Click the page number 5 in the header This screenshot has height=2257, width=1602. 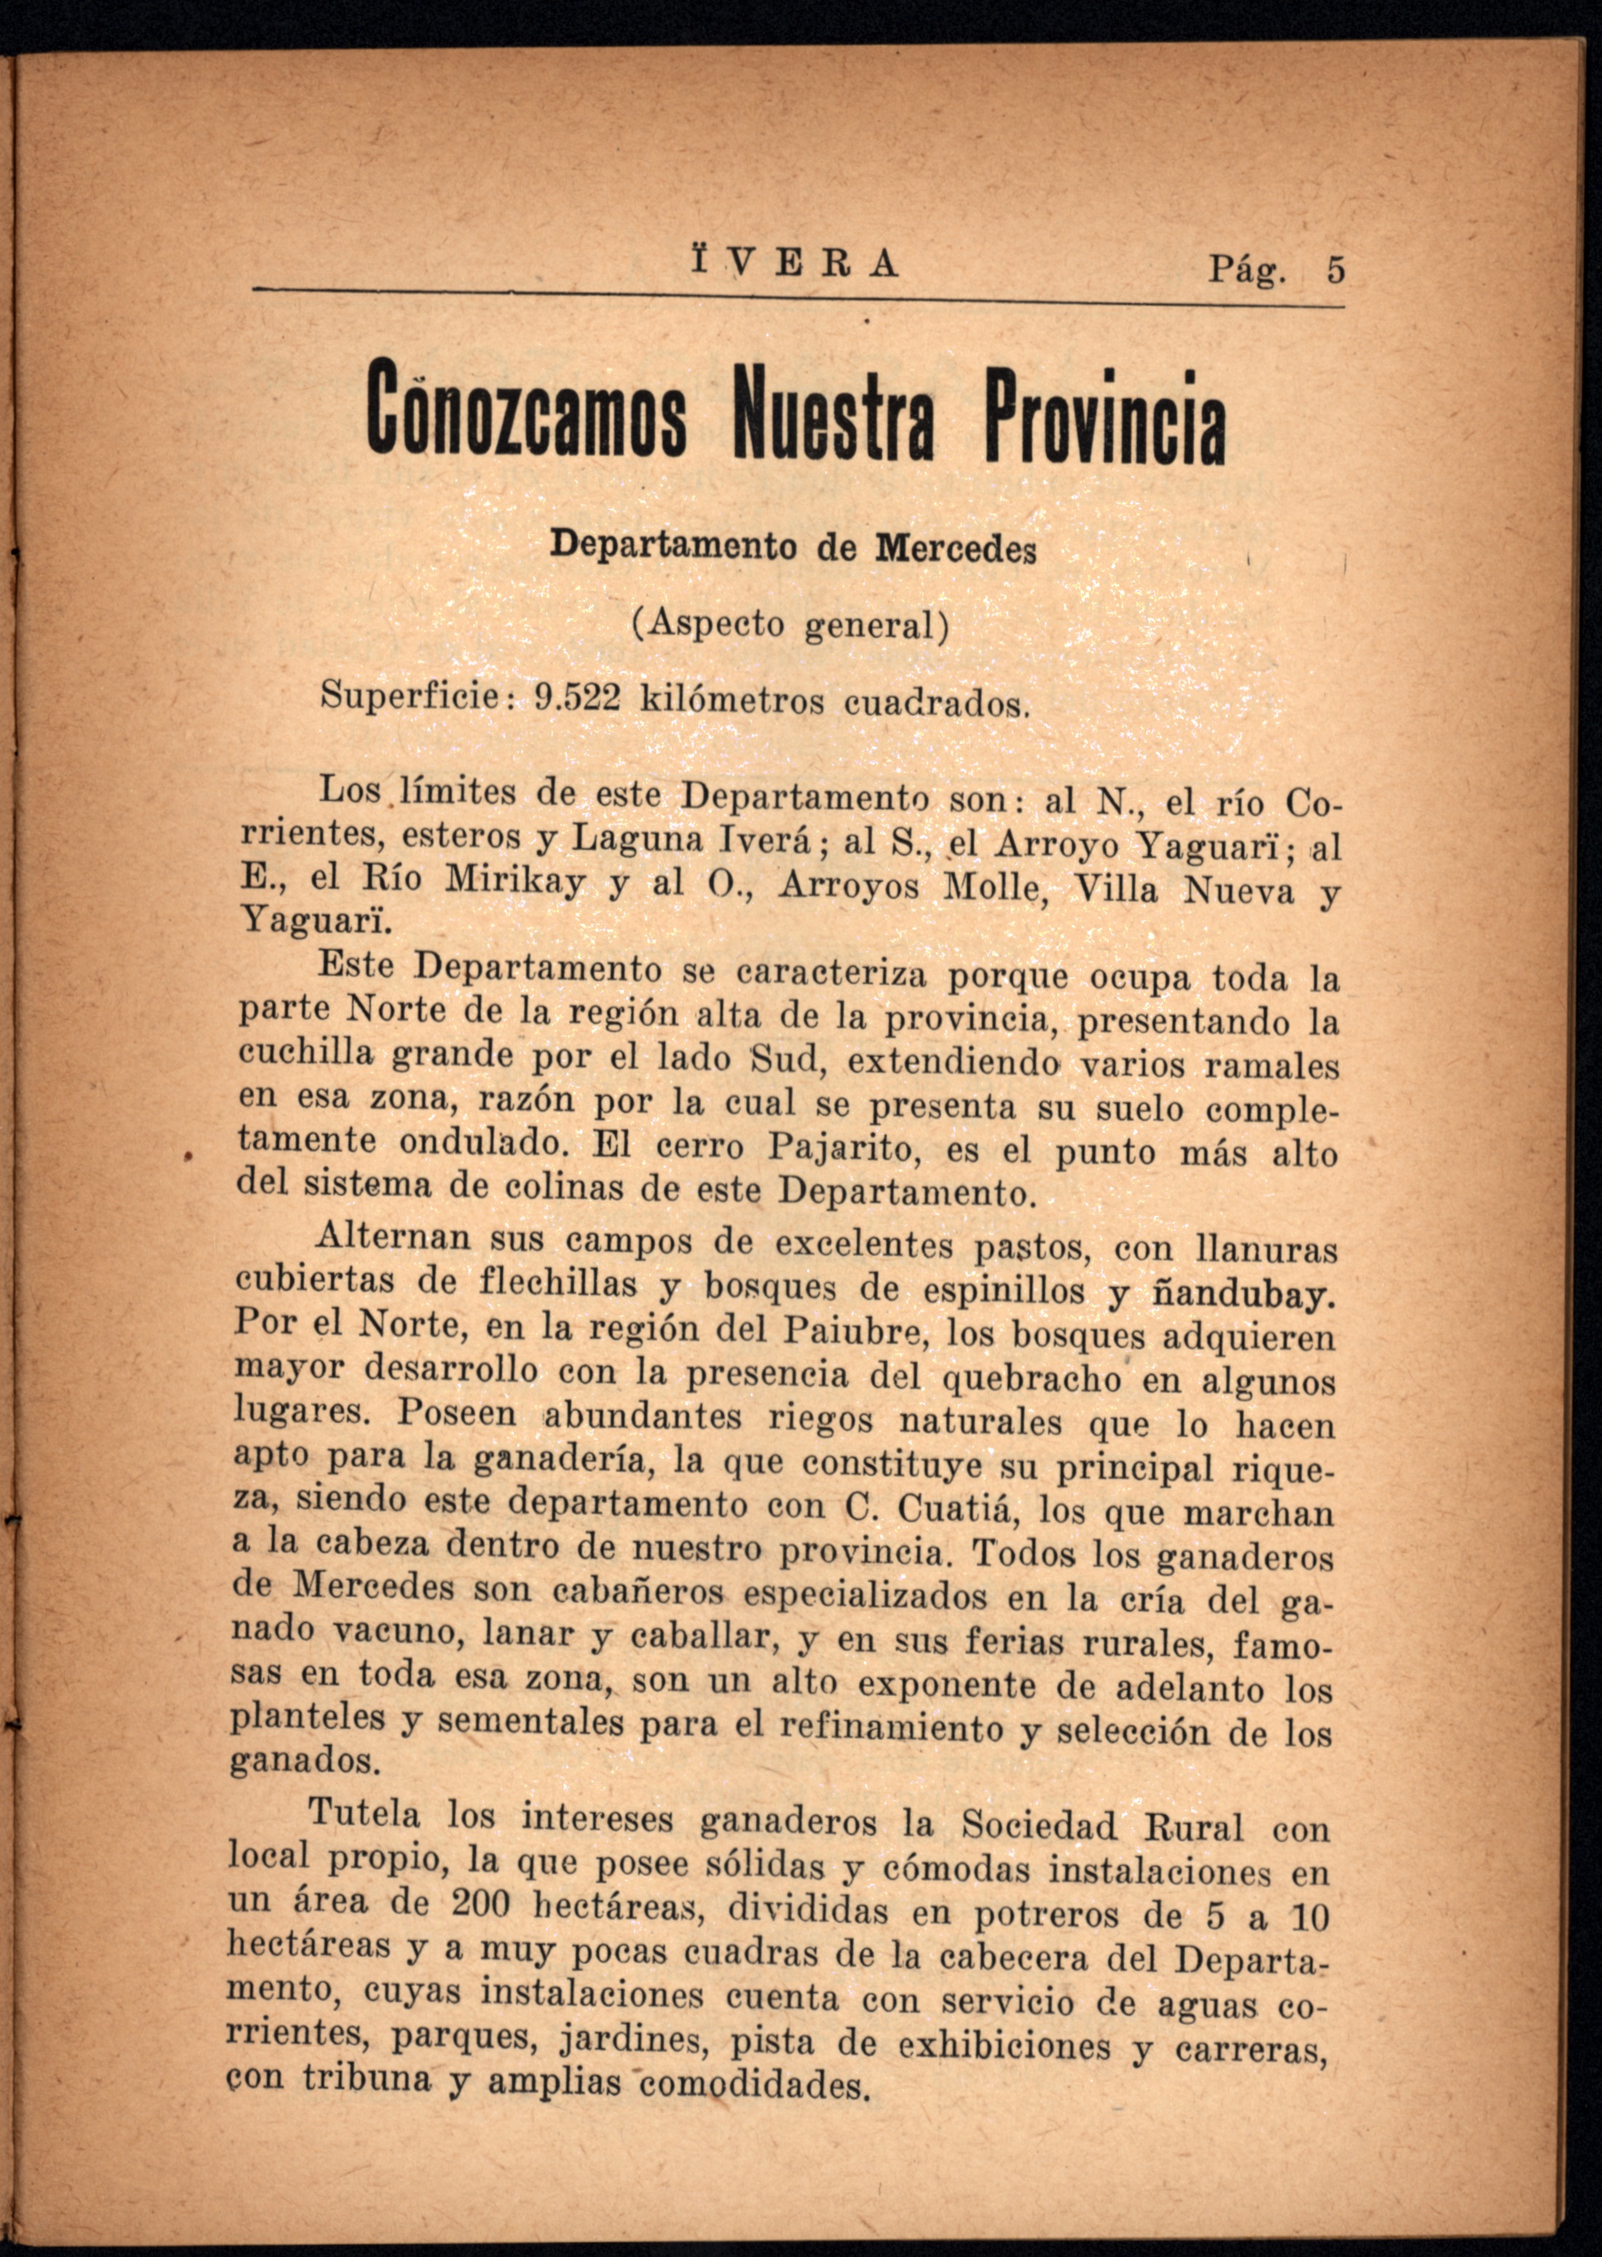(x=1335, y=270)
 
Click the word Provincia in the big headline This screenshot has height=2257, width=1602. (x=1104, y=416)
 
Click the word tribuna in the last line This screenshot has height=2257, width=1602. (x=367, y=2078)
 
